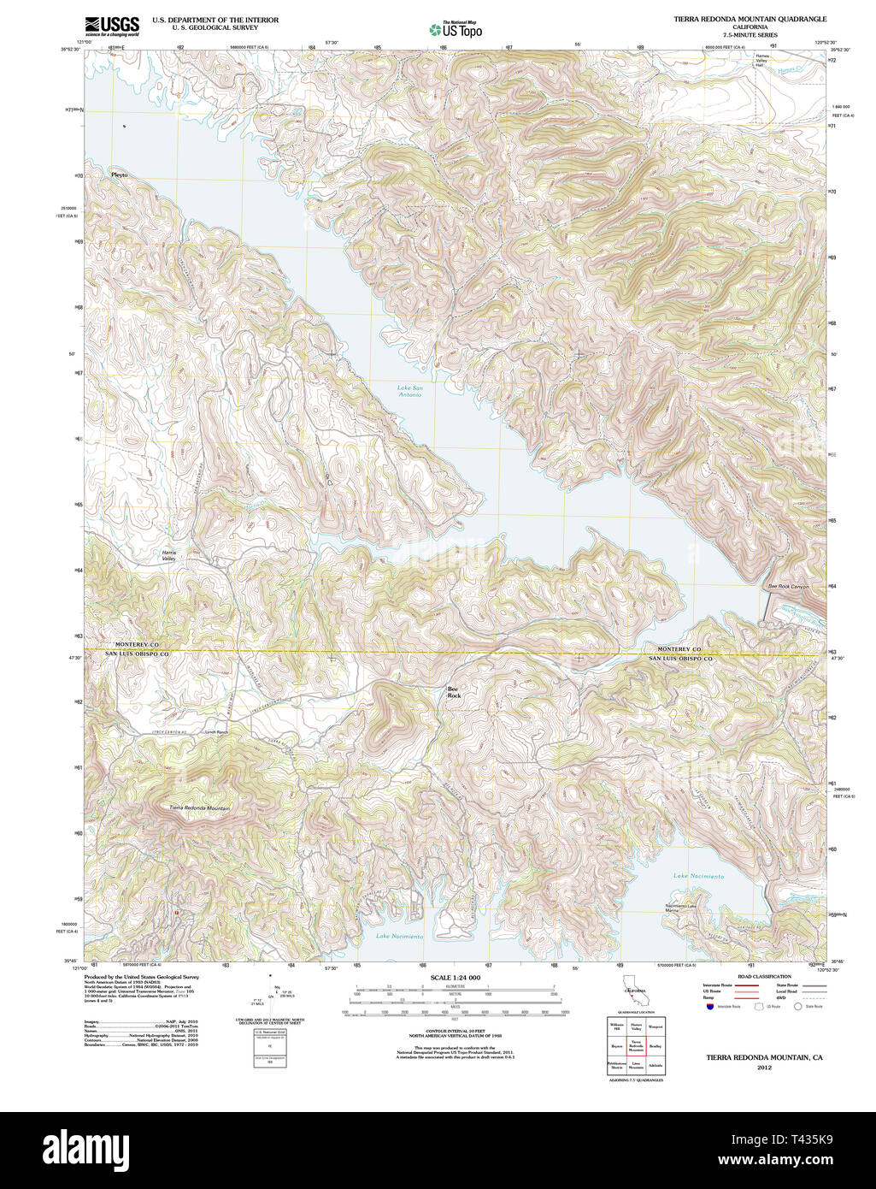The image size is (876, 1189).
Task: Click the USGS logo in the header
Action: [112, 27]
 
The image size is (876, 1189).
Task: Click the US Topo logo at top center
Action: [456, 29]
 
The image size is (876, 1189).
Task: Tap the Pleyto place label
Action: [119, 175]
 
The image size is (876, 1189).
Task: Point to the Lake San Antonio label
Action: [409, 391]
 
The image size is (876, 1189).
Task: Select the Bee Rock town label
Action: [455, 692]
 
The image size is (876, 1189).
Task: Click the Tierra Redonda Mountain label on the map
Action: [199, 807]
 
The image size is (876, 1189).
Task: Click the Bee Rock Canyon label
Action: [788, 587]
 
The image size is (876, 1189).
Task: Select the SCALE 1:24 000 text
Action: [456, 978]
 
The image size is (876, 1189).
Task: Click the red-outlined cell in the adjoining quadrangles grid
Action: [636, 1045]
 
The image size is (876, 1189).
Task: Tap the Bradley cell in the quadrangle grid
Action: [656, 1045]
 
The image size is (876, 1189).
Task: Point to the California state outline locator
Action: [634, 992]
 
